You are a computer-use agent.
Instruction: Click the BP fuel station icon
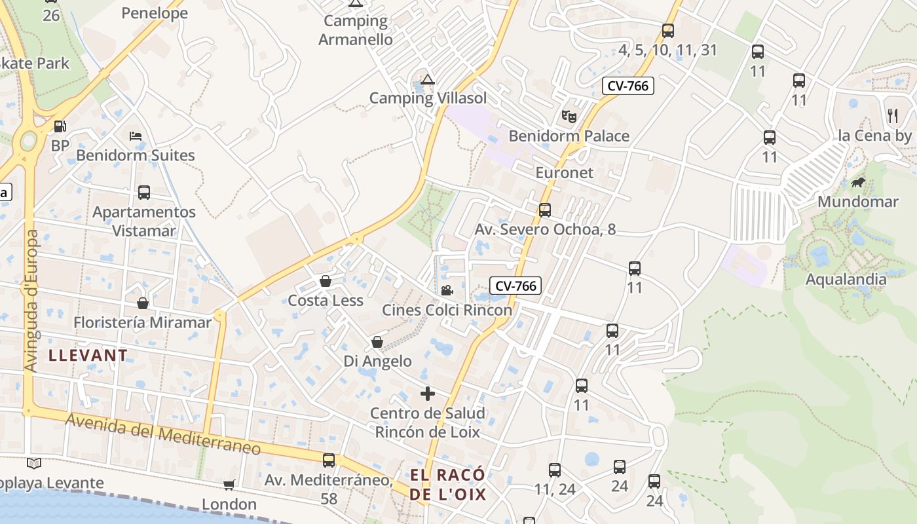(x=60, y=126)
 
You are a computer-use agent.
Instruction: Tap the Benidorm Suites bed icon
(x=136, y=136)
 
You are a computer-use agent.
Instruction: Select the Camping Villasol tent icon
(x=428, y=80)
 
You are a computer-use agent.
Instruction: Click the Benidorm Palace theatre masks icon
(x=569, y=117)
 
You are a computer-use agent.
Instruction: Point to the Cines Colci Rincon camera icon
(x=447, y=290)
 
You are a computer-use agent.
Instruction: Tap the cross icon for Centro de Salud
(x=427, y=394)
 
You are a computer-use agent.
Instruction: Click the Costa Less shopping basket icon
(x=325, y=281)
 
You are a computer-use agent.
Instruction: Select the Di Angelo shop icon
(x=377, y=342)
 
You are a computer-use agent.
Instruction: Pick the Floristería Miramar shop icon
(x=143, y=303)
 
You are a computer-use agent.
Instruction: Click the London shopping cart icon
(x=229, y=485)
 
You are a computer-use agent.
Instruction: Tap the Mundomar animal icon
(x=857, y=182)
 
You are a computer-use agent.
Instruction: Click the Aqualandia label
(x=846, y=280)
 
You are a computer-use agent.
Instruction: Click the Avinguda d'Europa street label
(x=31, y=301)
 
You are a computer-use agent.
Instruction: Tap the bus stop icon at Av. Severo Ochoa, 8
(x=544, y=210)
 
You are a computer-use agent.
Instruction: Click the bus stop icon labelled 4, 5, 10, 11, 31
(x=667, y=30)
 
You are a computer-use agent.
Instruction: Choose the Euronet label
(x=564, y=173)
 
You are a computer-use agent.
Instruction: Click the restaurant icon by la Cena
(x=892, y=116)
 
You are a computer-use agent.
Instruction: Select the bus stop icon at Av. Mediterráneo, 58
(x=329, y=460)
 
